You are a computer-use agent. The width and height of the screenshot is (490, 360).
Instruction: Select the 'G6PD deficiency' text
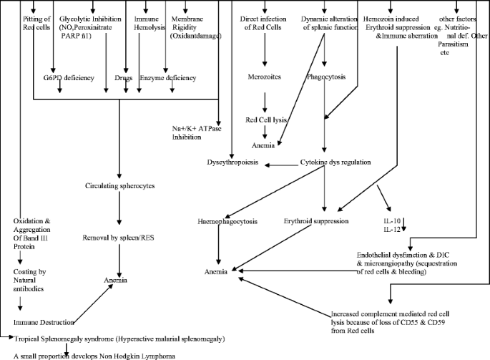click(x=68, y=77)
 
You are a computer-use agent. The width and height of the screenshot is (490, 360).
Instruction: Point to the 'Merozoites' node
click(x=265, y=75)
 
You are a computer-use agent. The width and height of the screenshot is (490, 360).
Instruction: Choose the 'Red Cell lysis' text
click(x=265, y=120)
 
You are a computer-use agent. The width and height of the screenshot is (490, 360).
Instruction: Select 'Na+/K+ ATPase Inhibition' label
click(x=195, y=132)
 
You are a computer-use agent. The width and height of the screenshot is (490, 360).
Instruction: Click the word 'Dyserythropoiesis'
click(x=232, y=162)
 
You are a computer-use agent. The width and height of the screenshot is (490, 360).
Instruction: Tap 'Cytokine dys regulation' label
click(x=335, y=162)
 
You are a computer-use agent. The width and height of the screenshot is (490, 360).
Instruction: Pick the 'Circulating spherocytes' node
click(x=119, y=186)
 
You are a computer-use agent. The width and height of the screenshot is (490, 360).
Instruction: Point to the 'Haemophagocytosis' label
click(x=227, y=221)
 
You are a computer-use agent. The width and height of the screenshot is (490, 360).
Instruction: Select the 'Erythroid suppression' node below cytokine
click(x=316, y=221)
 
